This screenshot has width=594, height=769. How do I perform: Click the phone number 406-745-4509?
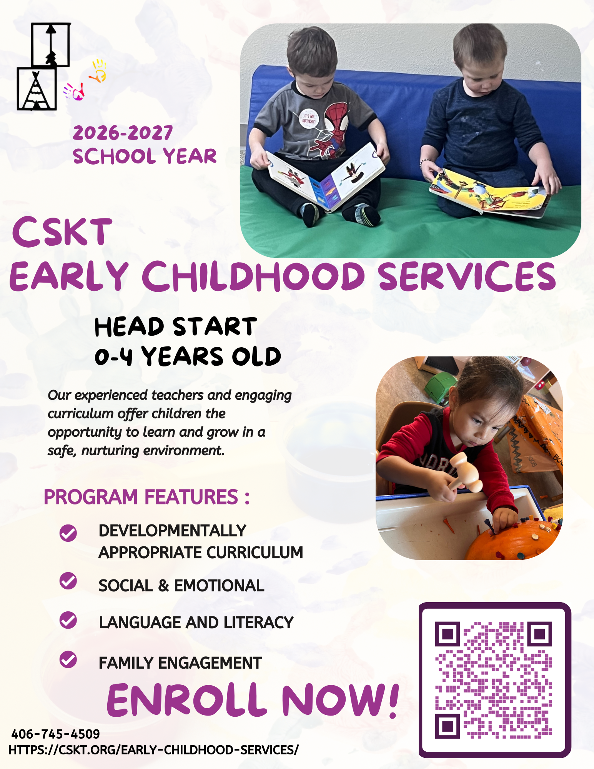coord(55,734)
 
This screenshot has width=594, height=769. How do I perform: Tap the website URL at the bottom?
coord(153,750)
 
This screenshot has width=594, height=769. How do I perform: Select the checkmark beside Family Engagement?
coord(68,659)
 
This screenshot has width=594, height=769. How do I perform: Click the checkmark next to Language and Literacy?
coord(68,620)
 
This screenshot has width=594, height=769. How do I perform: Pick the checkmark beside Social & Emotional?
coord(68,580)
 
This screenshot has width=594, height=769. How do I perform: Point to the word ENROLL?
coord(187,700)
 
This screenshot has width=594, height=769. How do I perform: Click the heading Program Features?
coord(146,497)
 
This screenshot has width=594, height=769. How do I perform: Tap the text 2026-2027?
coord(123,133)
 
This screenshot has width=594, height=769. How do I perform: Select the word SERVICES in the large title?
coord(467,276)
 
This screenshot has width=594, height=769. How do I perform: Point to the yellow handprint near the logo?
coord(98,71)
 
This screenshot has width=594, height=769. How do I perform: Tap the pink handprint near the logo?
coord(74,92)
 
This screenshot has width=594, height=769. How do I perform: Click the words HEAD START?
coord(175,327)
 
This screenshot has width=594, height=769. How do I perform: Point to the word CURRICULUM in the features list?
coord(260,553)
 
